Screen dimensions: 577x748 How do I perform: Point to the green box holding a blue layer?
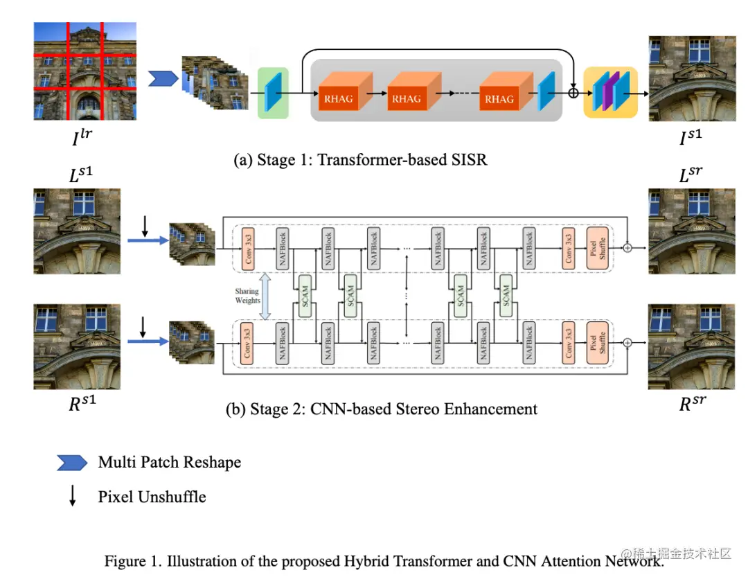[273, 93]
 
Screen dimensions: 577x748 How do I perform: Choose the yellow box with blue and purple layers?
[610, 92]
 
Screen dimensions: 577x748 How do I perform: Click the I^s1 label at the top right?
[690, 139]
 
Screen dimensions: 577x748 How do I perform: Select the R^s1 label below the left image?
[82, 404]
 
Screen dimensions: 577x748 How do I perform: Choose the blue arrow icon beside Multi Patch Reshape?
[73, 463]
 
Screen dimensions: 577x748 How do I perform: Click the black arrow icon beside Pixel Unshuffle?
[72, 497]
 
